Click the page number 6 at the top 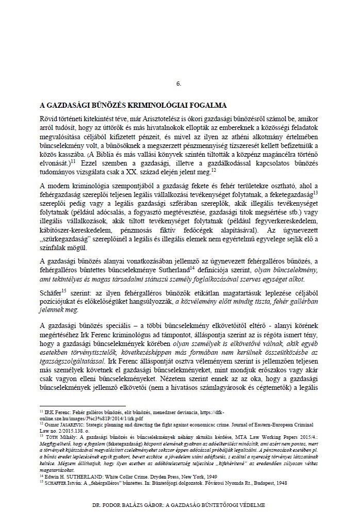(x=179, y=84)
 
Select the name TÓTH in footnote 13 (x=51, y=435)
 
